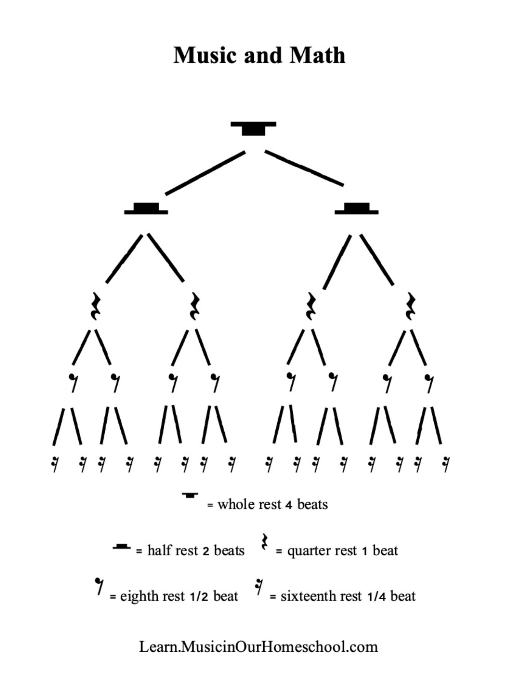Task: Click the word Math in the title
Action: pos(317,55)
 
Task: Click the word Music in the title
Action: pos(206,55)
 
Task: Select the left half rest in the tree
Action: pos(146,209)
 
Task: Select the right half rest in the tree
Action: pos(357,209)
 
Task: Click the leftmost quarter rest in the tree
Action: pos(95,306)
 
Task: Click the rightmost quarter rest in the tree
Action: pos(410,306)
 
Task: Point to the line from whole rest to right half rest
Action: pos(304,168)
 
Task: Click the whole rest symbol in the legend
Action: pos(190,495)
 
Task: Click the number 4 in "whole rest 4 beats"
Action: pos(289,505)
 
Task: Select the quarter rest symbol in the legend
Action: pos(265,542)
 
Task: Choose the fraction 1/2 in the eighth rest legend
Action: pos(199,597)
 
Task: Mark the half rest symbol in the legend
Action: pos(122,546)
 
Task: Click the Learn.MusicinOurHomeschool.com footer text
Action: pos(259,647)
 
